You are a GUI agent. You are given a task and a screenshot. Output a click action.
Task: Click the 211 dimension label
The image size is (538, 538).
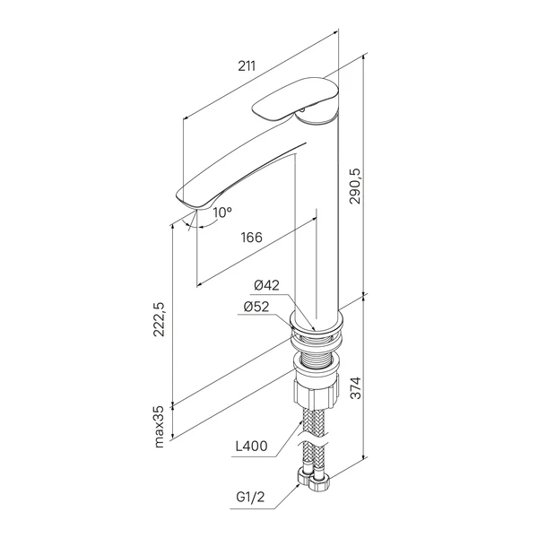click(247, 65)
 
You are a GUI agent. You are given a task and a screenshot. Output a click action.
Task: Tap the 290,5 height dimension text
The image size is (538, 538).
click(355, 187)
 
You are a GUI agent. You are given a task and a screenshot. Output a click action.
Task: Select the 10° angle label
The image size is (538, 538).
click(222, 213)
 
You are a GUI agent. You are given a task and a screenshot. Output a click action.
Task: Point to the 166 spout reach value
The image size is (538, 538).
click(251, 237)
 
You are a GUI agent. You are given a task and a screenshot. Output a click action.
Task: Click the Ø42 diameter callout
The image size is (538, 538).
click(266, 285)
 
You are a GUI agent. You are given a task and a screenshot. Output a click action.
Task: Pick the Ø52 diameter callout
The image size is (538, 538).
click(256, 307)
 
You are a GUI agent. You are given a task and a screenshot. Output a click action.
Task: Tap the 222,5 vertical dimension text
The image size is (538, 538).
click(159, 319)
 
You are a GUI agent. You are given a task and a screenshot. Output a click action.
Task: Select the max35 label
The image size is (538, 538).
click(159, 427)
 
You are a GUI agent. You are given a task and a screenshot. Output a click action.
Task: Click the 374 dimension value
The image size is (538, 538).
click(356, 387)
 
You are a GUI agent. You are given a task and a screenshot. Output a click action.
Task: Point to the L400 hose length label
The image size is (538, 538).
click(251, 446)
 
